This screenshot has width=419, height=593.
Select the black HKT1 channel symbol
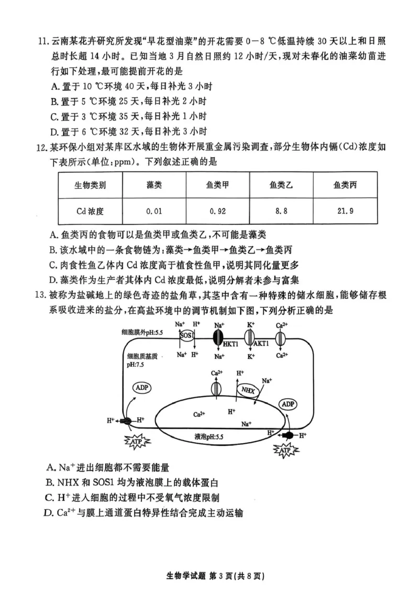click(x=219, y=336)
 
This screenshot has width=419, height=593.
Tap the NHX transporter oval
click(x=246, y=390)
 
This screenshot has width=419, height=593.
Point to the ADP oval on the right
click(x=288, y=404)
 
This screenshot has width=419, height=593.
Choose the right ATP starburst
click(x=285, y=450)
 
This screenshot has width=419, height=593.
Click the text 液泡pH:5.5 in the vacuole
click(x=209, y=436)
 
